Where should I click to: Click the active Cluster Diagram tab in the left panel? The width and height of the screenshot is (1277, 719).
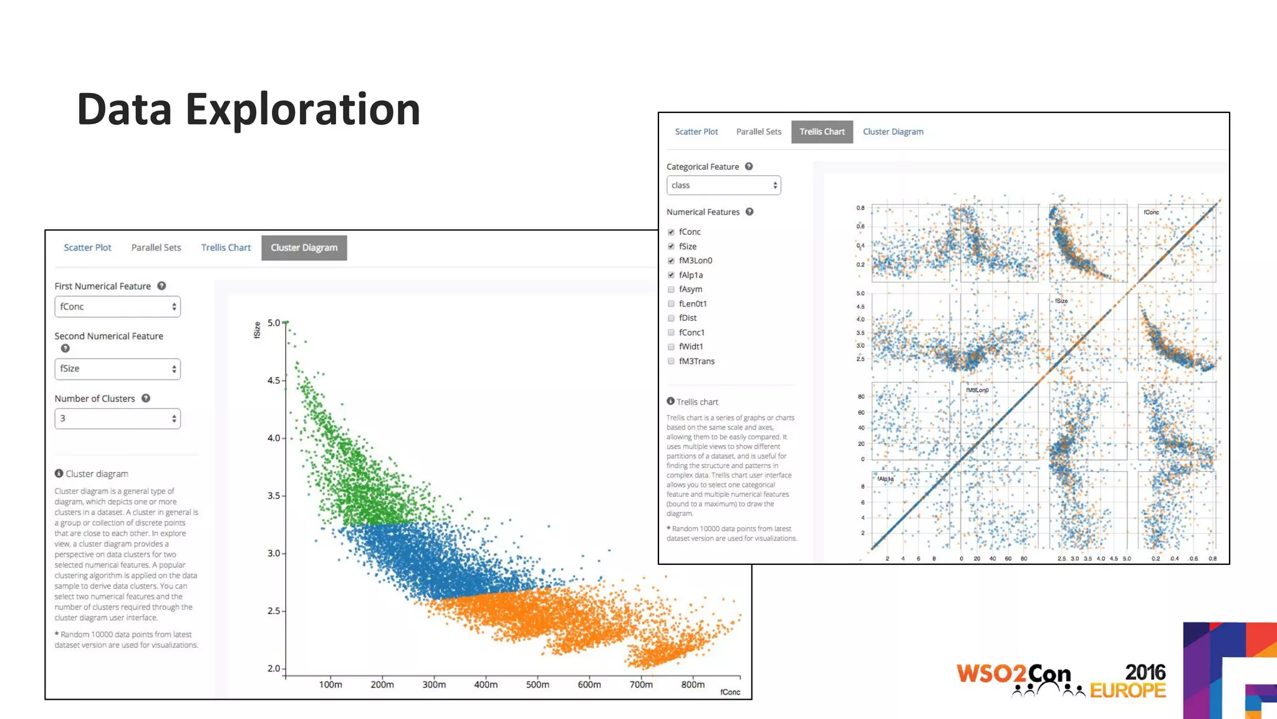pyautogui.click(x=304, y=248)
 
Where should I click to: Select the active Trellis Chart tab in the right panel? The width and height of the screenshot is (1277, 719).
pyautogui.click(x=822, y=132)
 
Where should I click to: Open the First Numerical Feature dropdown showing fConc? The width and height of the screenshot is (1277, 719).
pyautogui.click(x=117, y=306)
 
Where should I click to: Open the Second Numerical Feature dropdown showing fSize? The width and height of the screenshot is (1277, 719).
pyautogui.click(x=117, y=369)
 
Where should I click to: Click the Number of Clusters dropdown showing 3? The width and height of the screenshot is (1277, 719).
pyautogui.click(x=117, y=418)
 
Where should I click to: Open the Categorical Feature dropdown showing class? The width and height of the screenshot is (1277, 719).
pyautogui.click(x=723, y=185)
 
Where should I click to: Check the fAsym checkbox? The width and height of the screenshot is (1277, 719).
pyautogui.click(x=672, y=290)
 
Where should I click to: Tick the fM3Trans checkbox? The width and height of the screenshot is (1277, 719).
pyautogui.click(x=672, y=361)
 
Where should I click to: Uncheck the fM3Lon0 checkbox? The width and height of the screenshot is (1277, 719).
pyautogui.click(x=672, y=261)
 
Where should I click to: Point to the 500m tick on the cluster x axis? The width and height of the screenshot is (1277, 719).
pyautogui.click(x=537, y=684)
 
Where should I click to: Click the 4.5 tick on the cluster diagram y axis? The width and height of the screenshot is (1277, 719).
pyautogui.click(x=274, y=380)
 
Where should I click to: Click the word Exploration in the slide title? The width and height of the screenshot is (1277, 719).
pyautogui.click(x=303, y=109)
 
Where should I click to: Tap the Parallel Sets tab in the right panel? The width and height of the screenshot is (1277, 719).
pyautogui.click(x=758, y=132)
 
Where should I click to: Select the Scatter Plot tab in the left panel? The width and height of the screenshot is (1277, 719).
pyautogui.click(x=87, y=248)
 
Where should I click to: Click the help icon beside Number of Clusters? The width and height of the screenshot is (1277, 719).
pyautogui.click(x=146, y=398)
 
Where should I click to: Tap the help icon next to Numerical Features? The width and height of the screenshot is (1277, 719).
pyautogui.click(x=749, y=212)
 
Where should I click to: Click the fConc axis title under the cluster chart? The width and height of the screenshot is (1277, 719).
pyautogui.click(x=730, y=692)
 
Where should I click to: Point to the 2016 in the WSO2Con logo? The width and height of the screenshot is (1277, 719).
pyautogui.click(x=1145, y=672)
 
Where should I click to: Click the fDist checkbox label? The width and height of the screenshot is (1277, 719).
pyautogui.click(x=688, y=318)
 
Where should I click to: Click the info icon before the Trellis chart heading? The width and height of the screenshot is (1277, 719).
pyautogui.click(x=670, y=401)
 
